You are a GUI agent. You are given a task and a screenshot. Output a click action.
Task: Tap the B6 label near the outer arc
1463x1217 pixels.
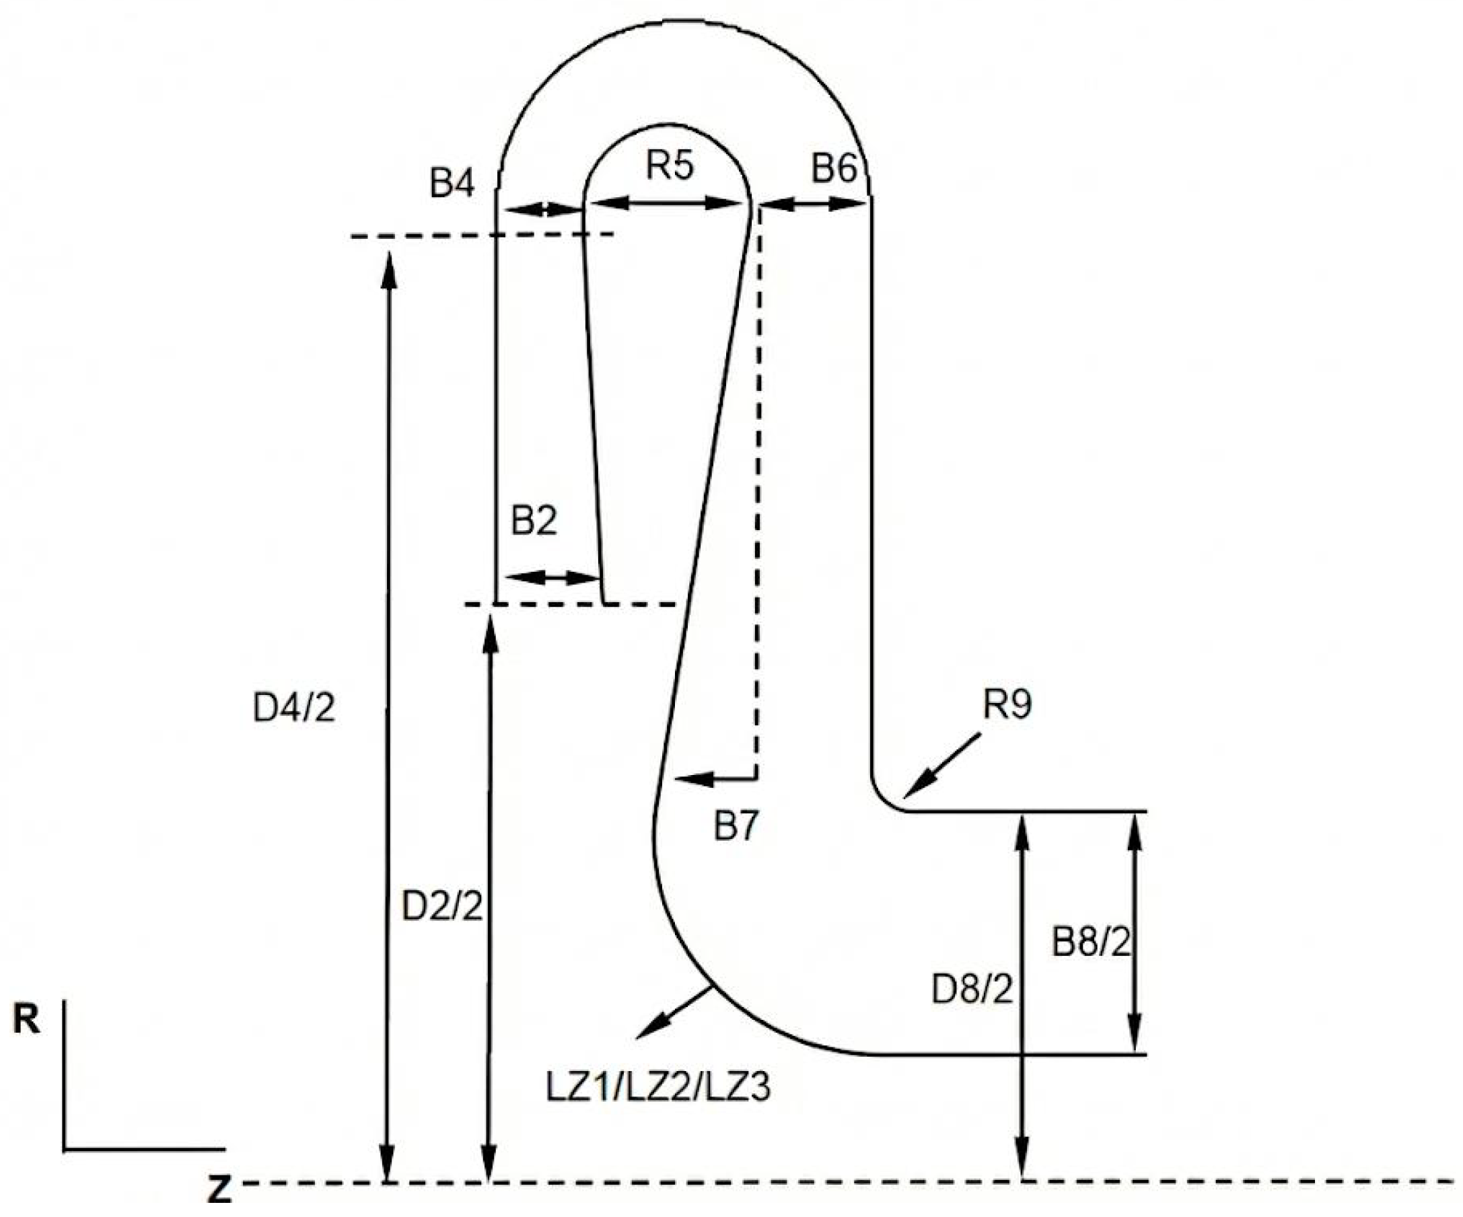point(834,169)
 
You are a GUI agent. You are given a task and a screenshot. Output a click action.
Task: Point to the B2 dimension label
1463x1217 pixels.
point(534,521)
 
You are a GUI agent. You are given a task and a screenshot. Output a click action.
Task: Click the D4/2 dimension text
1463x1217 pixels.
point(294,708)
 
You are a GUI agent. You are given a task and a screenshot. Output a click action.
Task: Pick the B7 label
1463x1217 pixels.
point(736,827)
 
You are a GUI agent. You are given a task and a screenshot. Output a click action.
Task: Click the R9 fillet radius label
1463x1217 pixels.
point(1007,704)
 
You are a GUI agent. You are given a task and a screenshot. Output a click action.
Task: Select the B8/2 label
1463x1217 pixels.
point(1090,943)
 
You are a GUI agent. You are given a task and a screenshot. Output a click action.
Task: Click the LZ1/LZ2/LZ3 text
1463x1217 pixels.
point(658,1086)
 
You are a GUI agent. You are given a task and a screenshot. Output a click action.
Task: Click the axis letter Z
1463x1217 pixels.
point(219,1190)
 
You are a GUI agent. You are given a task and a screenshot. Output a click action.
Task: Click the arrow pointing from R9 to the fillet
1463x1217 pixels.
point(941,766)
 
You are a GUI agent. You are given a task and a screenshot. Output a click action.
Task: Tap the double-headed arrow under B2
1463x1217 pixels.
point(552,577)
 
